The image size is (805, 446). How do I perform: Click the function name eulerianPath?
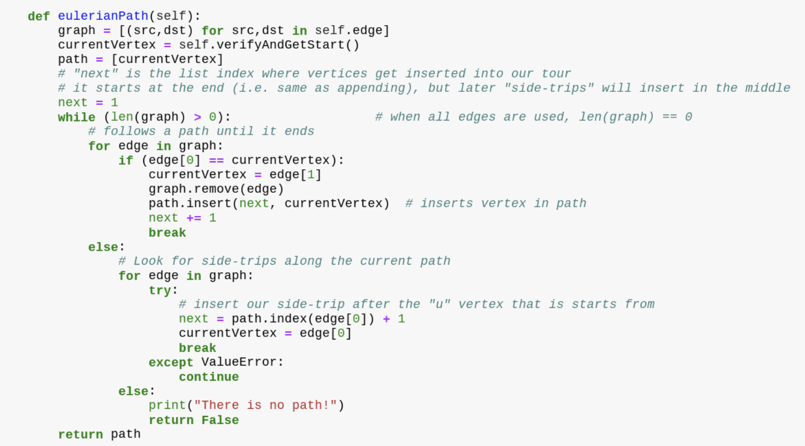point(103,16)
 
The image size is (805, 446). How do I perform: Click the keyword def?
point(39,16)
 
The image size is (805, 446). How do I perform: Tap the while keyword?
point(76,117)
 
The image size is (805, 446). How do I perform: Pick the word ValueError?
point(239,362)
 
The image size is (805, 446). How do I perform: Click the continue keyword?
point(209,377)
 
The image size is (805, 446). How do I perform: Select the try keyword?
point(160,290)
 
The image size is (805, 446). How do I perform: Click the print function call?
point(167,405)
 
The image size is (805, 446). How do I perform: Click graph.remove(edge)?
point(216,189)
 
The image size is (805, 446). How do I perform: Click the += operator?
point(194,218)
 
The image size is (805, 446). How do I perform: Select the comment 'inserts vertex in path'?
point(496,203)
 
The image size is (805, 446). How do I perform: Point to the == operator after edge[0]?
point(216,160)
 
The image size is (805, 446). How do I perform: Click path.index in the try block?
point(269,319)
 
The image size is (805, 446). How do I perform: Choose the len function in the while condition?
point(122,117)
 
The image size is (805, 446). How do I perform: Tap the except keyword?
point(171,362)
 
